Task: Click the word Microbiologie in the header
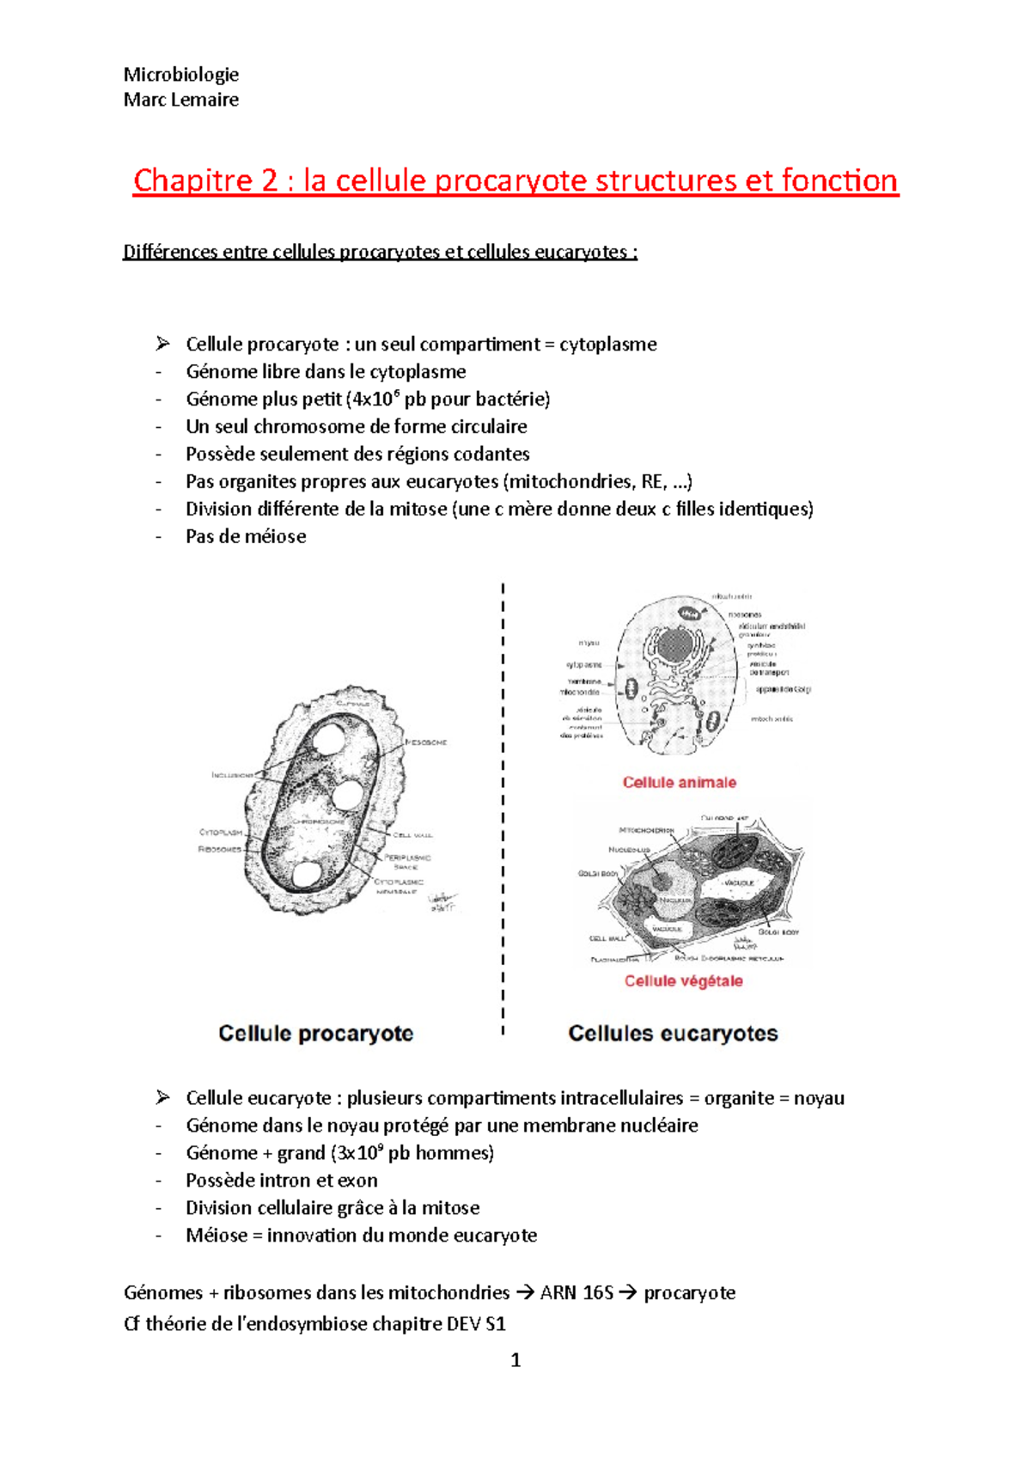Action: pyautogui.click(x=180, y=75)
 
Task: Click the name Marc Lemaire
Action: pyautogui.click(x=180, y=100)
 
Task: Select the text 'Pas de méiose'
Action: pyautogui.click(x=246, y=537)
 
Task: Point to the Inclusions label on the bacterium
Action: pyautogui.click(x=233, y=775)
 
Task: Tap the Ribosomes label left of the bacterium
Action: pyautogui.click(x=219, y=850)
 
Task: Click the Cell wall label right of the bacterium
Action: pyautogui.click(x=412, y=835)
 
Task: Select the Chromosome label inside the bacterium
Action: pyautogui.click(x=318, y=821)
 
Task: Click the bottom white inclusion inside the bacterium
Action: pyautogui.click(x=306, y=875)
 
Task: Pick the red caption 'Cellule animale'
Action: pyautogui.click(x=679, y=783)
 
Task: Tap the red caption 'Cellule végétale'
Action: pyautogui.click(x=683, y=981)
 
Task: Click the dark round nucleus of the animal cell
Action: pyautogui.click(x=678, y=646)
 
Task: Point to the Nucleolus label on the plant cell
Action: pyautogui.click(x=629, y=850)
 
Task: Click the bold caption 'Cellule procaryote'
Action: pyautogui.click(x=315, y=1034)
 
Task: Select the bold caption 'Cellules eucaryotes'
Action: pyautogui.click(x=673, y=1034)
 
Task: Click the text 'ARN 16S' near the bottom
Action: pyautogui.click(x=576, y=1293)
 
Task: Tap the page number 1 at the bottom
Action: pyautogui.click(x=515, y=1360)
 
